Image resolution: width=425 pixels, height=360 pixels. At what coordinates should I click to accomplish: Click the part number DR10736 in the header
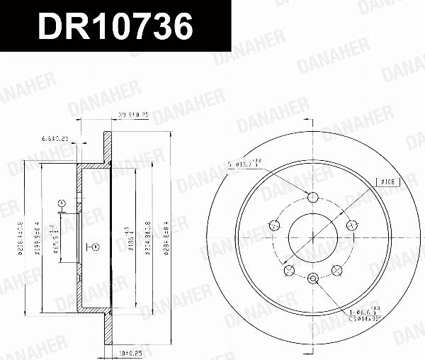115,27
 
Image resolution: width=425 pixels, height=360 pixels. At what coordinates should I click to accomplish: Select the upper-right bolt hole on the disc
350,225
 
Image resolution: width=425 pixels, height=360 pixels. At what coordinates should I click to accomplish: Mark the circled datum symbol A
62,204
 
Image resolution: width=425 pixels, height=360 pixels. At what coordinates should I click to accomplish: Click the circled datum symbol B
94,247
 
